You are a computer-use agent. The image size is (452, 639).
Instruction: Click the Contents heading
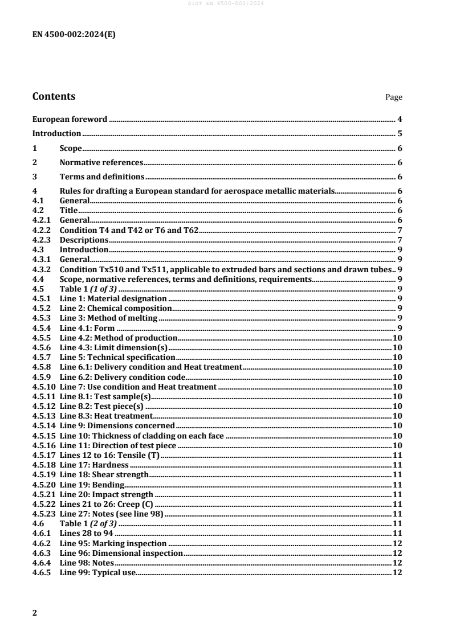click(x=54, y=96)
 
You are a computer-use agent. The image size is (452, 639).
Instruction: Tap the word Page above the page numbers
click(x=394, y=97)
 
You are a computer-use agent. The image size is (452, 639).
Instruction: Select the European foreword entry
click(x=70, y=119)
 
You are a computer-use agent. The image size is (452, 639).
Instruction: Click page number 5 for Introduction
click(x=400, y=134)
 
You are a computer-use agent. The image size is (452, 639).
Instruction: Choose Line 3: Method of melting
click(x=108, y=318)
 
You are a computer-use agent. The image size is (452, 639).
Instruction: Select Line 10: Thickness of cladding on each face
click(x=142, y=436)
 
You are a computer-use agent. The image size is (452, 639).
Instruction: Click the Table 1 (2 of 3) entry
click(x=88, y=523)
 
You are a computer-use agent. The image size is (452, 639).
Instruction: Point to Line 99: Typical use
click(x=97, y=572)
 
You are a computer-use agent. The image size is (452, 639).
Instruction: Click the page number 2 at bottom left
click(x=35, y=613)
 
